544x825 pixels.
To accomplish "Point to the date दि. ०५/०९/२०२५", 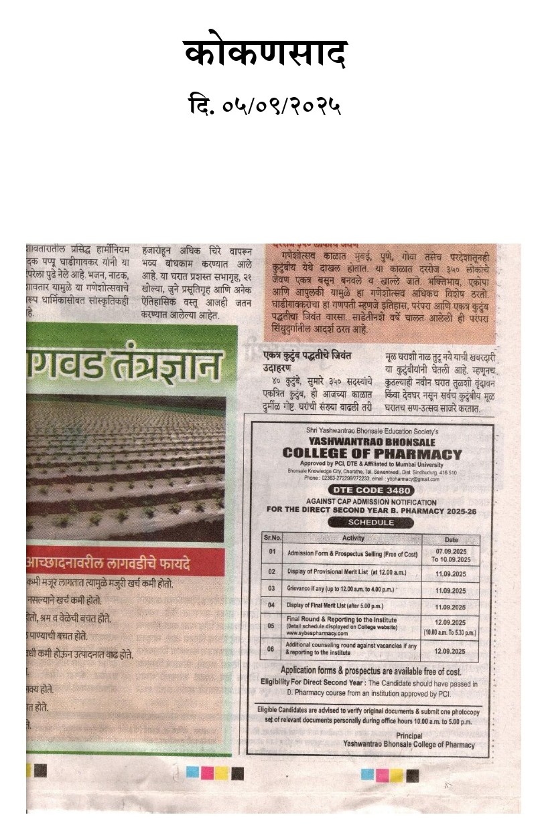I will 265,106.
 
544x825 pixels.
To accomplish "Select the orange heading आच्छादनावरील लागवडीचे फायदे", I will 108,563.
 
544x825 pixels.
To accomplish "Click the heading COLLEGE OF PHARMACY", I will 372,454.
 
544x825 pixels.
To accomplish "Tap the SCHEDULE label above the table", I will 371,523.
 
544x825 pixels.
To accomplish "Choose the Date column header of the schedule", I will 450,539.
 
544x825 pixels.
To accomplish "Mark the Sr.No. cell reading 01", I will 272,553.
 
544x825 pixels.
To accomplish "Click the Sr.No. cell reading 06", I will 272,648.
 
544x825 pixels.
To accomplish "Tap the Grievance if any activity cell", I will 340,589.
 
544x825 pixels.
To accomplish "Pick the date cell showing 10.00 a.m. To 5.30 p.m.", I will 450,632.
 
